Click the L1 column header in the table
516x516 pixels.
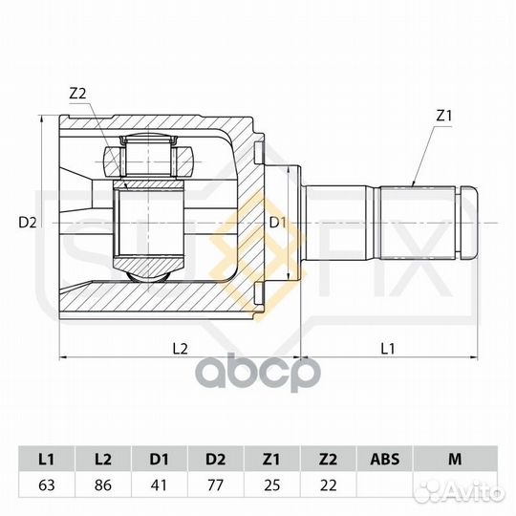[46, 459]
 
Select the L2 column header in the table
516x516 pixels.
[102, 459]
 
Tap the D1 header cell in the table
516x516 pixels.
[159, 459]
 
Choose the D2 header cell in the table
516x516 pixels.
[216, 459]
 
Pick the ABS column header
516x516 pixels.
[384, 459]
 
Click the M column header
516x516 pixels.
[455, 459]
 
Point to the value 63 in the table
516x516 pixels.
[47, 485]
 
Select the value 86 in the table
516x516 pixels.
[102, 485]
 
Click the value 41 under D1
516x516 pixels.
[159, 485]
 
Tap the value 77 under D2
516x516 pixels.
[216, 485]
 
